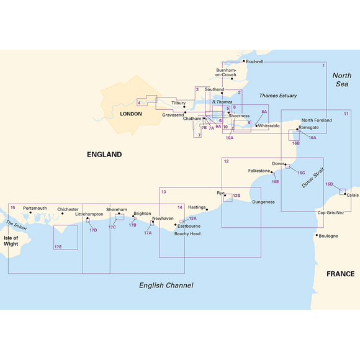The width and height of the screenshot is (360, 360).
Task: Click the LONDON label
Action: pos(130,114)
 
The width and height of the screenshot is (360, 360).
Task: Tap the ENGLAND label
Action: pos(104,155)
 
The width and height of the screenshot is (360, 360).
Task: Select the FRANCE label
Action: pos(341,274)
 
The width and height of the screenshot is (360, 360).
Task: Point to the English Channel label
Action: pos(166,286)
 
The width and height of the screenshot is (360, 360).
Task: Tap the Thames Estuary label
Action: pos(277,96)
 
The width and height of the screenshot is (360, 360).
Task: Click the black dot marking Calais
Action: pos(346,194)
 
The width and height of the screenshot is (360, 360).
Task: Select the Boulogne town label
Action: pos(330,236)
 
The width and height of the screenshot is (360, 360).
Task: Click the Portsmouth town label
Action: pos(35,209)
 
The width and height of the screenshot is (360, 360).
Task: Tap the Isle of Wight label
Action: pos(11,240)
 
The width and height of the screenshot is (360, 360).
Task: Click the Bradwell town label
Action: pos(254,61)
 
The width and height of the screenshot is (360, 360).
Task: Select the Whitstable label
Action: pos(269,126)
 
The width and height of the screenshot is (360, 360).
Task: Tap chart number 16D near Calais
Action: pos(329,184)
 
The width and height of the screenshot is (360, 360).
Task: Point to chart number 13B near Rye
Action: pos(236,196)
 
